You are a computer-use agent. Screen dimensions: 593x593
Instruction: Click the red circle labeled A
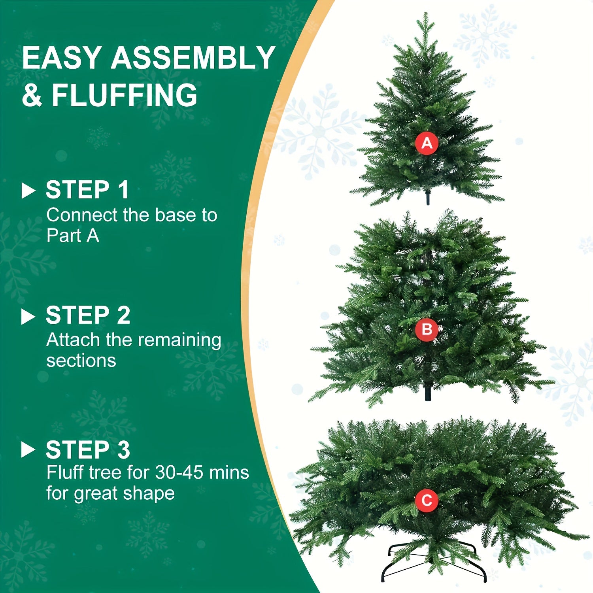coord(427,143)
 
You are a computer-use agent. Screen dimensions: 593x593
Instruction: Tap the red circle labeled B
coord(427,329)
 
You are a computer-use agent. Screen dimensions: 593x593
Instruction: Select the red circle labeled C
coord(427,500)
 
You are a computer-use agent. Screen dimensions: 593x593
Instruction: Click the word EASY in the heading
coord(61,58)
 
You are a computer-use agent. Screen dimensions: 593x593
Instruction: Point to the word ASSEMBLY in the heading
coord(193,58)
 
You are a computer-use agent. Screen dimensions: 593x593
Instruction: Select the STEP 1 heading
coord(87,190)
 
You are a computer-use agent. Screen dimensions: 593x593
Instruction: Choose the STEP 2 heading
coord(88,315)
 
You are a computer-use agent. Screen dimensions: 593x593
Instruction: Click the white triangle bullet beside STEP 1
coord(28,191)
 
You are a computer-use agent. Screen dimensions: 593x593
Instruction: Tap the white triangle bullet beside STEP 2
coord(28,316)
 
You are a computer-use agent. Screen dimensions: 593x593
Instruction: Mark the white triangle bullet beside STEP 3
coord(28,450)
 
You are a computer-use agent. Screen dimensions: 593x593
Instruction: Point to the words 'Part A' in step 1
coord(72,236)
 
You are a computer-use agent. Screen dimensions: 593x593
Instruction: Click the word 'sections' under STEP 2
coord(81,361)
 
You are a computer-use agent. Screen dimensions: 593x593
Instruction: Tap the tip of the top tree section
coord(425,16)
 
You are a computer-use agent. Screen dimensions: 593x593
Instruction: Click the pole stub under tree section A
coord(427,198)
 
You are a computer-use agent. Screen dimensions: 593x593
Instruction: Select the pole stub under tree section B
coord(427,394)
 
